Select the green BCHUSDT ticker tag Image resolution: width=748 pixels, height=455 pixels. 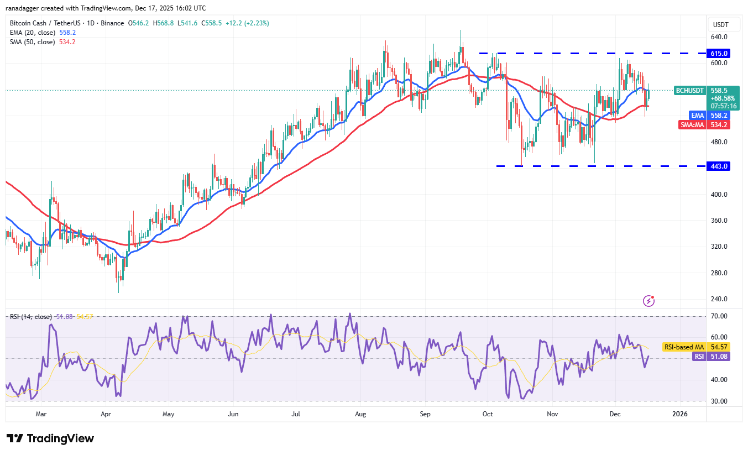(689, 90)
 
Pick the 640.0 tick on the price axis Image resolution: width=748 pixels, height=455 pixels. (719, 37)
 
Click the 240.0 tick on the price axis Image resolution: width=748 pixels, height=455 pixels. (719, 299)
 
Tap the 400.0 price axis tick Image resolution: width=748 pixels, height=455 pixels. (719, 195)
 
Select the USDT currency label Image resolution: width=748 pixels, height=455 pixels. (721, 25)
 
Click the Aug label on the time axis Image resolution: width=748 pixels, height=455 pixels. (361, 414)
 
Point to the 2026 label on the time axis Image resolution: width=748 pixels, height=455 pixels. (680, 414)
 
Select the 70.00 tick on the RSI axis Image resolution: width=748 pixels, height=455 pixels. (719, 316)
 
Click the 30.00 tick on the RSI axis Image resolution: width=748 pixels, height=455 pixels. (719, 401)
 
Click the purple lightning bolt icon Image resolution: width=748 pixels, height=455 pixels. (649, 301)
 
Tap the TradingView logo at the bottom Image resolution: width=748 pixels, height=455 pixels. (50, 438)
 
